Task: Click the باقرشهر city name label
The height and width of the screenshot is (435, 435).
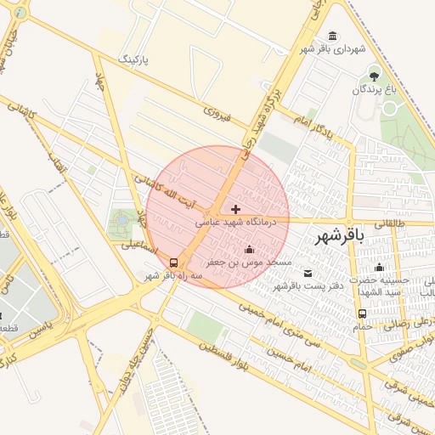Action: pyautogui.click(x=338, y=237)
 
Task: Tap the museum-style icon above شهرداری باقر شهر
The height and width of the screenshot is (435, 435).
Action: pyautogui.click(x=330, y=36)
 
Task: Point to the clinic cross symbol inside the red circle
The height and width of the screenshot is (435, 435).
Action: pyautogui.click(x=235, y=208)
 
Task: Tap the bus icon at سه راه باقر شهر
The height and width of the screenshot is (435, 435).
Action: pyautogui.click(x=174, y=263)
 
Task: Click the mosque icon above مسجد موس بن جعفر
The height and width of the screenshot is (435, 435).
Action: pyautogui.click(x=249, y=249)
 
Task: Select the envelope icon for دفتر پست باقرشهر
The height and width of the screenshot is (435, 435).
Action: pyautogui.click(x=308, y=273)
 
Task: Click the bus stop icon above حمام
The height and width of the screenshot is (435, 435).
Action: pyautogui.click(x=363, y=314)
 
